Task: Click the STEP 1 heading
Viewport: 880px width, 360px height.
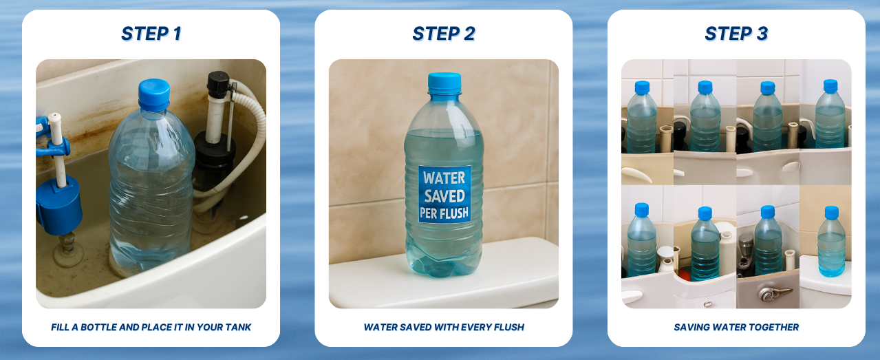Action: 151,34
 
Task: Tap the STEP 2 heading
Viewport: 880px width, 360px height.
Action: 444,34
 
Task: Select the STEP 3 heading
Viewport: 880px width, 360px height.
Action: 736,34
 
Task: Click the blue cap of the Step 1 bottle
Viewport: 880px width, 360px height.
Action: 154,95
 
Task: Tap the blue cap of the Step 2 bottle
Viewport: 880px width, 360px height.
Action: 444,83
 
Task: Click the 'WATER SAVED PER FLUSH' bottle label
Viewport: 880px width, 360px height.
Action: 444,195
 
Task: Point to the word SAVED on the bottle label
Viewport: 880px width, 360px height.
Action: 444,195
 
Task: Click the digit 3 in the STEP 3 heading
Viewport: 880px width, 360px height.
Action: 762,34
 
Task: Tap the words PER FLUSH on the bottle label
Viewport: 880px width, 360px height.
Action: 444,213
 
